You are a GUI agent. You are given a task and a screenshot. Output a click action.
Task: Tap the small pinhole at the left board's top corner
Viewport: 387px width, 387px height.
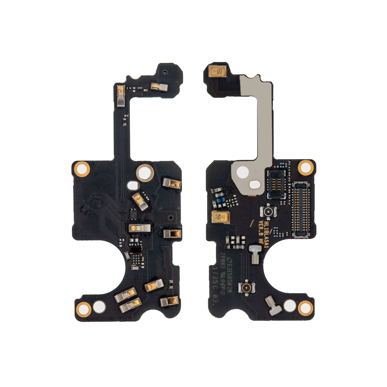[165, 71]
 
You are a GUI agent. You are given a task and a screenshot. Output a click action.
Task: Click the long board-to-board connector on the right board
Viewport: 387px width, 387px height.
[301, 209]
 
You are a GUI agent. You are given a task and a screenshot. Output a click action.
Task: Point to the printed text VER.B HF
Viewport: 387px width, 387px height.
[261, 232]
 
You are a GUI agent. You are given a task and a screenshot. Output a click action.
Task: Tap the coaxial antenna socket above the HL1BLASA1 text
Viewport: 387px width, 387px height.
[268, 212]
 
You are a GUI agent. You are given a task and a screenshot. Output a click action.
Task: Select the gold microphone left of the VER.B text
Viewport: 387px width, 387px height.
[220, 217]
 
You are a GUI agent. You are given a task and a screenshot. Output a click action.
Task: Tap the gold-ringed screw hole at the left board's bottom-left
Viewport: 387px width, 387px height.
[83, 308]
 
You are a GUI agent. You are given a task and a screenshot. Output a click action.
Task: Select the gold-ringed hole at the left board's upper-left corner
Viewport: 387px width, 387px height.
[82, 169]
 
